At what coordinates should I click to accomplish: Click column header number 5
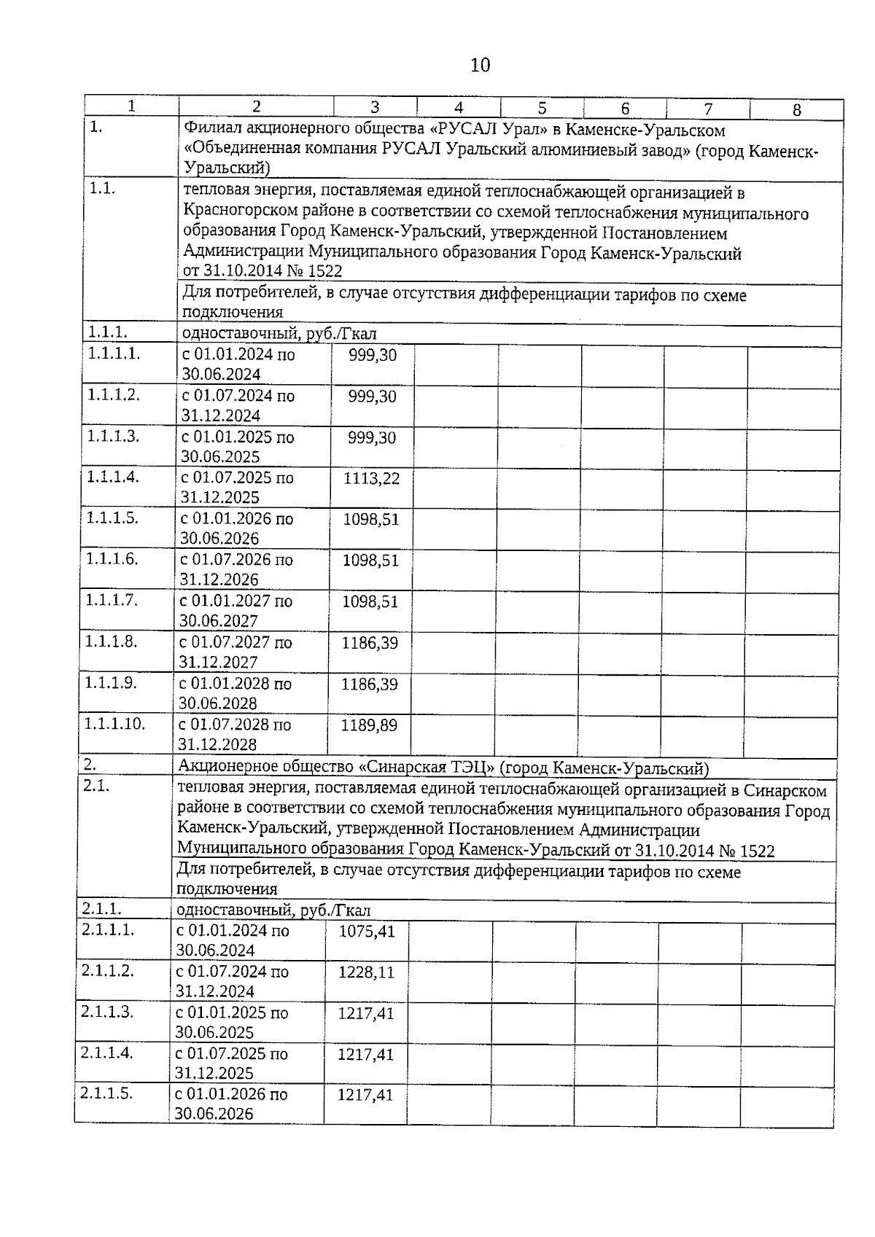(x=542, y=108)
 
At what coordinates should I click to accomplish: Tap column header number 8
(x=796, y=110)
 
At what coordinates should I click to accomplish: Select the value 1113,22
(x=372, y=478)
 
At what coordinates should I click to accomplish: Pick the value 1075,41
(x=367, y=931)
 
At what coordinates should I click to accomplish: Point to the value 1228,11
(x=367, y=972)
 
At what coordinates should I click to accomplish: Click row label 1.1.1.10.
(x=115, y=723)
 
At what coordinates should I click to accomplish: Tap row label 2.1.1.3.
(x=107, y=1012)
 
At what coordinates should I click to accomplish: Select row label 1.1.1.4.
(x=112, y=477)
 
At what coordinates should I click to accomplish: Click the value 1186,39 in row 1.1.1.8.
(x=370, y=643)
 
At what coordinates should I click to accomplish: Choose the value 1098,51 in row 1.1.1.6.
(x=370, y=561)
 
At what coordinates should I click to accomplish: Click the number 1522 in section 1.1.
(x=325, y=271)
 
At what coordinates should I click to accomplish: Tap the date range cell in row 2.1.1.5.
(x=230, y=1104)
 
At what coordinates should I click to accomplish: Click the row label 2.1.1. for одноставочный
(x=101, y=909)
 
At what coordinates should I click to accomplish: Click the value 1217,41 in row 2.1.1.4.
(x=365, y=1054)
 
